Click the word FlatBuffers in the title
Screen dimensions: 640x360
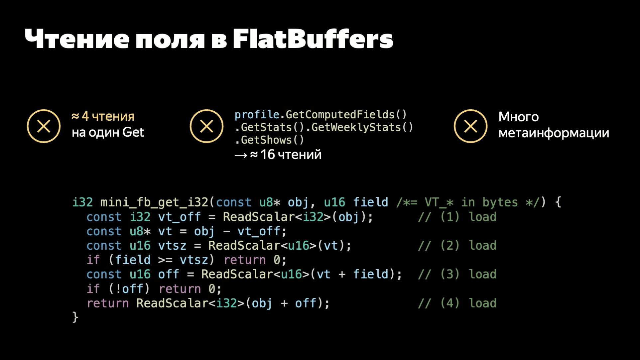click(x=313, y=39)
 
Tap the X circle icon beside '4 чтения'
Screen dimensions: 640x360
click(x=44, y=126)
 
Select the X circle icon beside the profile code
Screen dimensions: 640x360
click(x=206, y=126)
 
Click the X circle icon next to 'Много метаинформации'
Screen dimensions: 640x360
click(x=470, y=126)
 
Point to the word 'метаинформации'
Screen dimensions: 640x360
click(x=554, y=133)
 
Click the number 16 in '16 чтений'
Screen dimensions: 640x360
click(x=268, y=155)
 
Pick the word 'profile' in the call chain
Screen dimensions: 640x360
click(x=257, y=115)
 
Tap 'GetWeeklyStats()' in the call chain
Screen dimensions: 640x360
click(x=362, y=127)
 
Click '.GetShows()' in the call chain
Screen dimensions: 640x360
click(x=269, y=140)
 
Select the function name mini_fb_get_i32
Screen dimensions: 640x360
click(x=154, y=202)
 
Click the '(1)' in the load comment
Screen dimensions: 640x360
click(x=450, y=217)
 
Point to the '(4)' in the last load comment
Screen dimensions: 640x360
click(x=450, y=303)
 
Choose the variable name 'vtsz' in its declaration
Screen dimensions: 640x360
click(x=172, y=246)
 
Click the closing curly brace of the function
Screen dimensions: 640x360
click(x=75, y=317)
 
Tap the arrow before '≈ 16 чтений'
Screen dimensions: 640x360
click(x=241, y=155)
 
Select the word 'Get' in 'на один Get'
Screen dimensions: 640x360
click(x=133, y=132)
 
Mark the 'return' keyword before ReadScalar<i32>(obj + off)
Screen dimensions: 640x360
click(x=108, y=303)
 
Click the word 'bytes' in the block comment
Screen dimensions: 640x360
click(x=500, y=202)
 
